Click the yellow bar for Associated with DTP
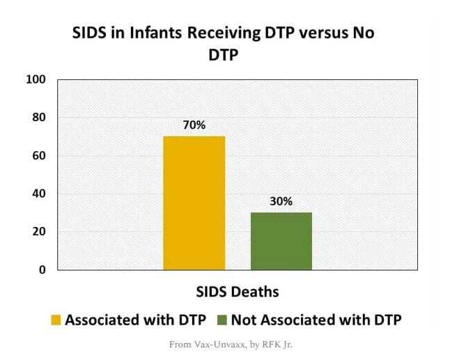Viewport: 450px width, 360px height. pyautogui.click(x=194, y=203)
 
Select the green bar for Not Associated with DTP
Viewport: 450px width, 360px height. pyautogui.click(x=281, y=241)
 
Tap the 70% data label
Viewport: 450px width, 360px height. pyautogui.click(x=194, y=125)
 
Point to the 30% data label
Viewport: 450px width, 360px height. pyautogui.click(x=281, y=202)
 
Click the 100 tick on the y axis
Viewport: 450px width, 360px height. pyautogui.click(x=36, y=79)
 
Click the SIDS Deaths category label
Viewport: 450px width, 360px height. pyautogui.click(x=236, y=290)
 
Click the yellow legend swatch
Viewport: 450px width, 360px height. pyautogui.click(x=56, y=320)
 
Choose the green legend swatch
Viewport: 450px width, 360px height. pyautogui.click(x=222, y=320)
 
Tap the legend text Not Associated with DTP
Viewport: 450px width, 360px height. pyautogui.click(x=317, y=320)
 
